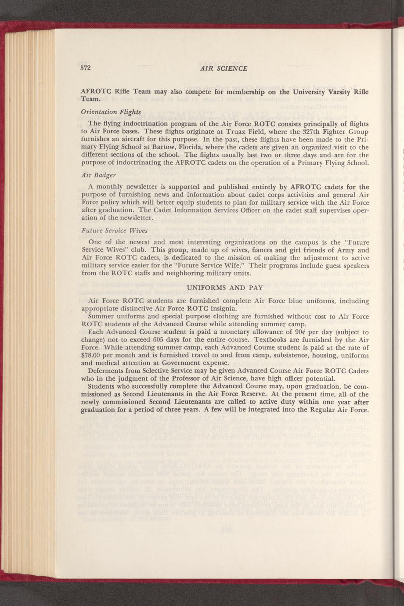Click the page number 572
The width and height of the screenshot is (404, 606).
[85, 68]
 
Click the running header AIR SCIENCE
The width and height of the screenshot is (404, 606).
[224, 69]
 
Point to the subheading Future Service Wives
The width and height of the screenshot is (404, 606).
[114, 231]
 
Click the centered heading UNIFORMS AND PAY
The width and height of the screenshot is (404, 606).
[225, 288]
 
